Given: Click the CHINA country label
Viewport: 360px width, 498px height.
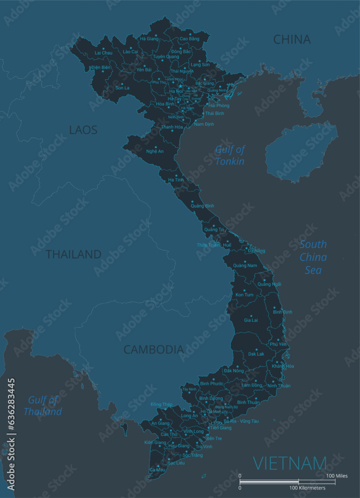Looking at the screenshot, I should click(x=292, y=39).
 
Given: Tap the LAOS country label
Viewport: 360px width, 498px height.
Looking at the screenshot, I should click(x=83, y=130).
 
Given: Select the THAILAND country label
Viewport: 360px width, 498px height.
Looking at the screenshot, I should click(x=73, y=254).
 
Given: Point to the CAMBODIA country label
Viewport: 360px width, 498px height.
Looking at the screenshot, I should click(x=153, y=350).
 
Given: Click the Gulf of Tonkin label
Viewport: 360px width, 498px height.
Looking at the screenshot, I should click(x=230, y=155).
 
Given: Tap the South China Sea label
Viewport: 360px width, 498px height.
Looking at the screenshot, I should click(x=313, y=257).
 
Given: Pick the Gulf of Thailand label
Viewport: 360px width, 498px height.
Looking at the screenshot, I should click(x=43, y=405).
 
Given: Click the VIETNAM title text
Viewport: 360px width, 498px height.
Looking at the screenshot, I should click(x=290, y=463).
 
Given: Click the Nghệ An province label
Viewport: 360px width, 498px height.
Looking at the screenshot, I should click(x=155, y=151).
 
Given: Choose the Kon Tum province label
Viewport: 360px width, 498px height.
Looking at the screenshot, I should click(x=244, y=295).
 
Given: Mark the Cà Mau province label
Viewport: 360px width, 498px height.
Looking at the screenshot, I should click(x=157, y=470).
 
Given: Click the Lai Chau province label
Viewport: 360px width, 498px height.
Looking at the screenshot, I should click(x=104, y=52).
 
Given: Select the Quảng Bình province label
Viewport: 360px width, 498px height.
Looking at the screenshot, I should click(x=202, y=206).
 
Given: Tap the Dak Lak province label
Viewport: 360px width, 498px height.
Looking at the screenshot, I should click(x=256, y=354).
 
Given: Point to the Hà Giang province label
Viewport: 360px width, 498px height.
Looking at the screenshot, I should click(x=148, y=38).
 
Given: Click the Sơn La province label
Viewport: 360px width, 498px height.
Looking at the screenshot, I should click(x=122, y=88).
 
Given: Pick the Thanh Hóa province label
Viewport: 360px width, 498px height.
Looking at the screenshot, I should click(x=172, y=127).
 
